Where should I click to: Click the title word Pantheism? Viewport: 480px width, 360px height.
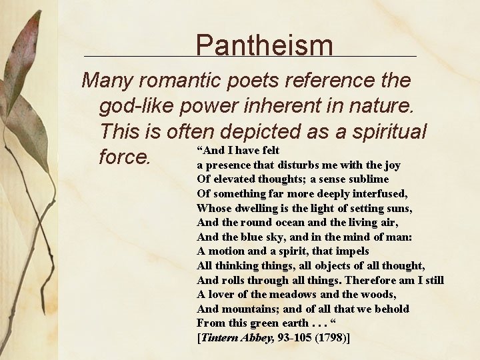tap(265, 45)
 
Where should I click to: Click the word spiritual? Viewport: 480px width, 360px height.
tap(377, 131)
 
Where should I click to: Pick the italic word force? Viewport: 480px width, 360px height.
tap(125, 157)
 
